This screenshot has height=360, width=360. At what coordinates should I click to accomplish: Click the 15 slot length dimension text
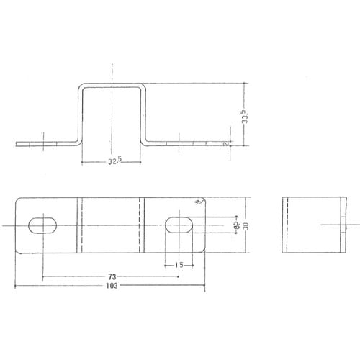(179, 265)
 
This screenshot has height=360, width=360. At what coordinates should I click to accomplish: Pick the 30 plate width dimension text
(246, 226)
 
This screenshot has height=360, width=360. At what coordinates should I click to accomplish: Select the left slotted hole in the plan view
(45, 225)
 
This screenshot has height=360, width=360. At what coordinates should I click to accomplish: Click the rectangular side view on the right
(314, 225)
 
